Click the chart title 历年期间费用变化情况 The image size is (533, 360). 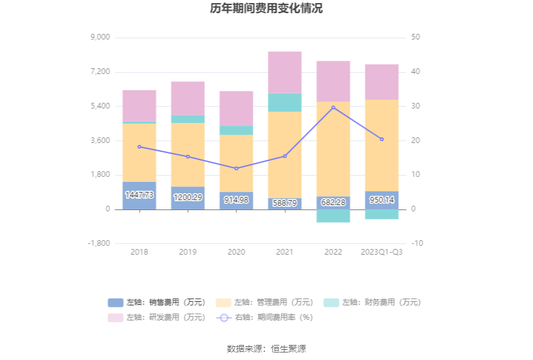click(266, 9)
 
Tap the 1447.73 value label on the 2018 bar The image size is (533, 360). click(139, 195)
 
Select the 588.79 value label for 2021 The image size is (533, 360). click(285, 203)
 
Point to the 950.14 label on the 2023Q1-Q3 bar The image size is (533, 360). click(381, 199)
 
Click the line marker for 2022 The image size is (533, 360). click(333, 107)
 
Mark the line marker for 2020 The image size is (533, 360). click(236, 168)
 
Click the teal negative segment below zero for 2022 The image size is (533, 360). click(333, 216)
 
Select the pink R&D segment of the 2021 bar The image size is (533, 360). click(285, 72)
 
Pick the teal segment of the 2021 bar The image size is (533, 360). click(285, 102)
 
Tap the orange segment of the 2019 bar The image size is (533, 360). click(187, 154)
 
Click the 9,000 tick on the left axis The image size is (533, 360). click(100, 38)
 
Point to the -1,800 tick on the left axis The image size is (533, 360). click(99, 243)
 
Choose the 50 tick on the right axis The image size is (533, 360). click(416, 38)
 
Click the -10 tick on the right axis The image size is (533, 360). click(417, 243)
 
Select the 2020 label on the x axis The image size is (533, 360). click(236, 252)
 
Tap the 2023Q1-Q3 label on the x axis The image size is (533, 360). click(381, 252)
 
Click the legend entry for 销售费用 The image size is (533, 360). click(157, 302)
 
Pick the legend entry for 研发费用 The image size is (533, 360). click(157, 317)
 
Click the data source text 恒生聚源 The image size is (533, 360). click(288, 349)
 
